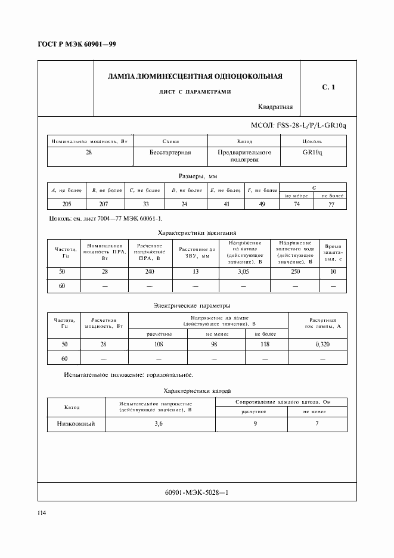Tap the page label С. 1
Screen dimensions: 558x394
(x=328, y=88)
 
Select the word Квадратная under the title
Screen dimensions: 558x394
(x=275, y=107)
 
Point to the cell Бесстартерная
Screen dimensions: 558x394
(x=170, y=153)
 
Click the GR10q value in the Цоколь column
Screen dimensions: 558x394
(x=312, y=153)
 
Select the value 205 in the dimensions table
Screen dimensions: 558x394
(x=67, y=204)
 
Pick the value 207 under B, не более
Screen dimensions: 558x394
(x=106, y=204)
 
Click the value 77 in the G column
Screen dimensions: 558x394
(x=332, y=204)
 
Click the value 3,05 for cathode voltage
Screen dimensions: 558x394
(x=244, y=272)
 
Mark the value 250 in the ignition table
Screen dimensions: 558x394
(x=294, y=272)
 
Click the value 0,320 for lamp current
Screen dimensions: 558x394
(x=322, y=345)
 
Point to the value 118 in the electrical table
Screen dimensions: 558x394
(x=265, y=345)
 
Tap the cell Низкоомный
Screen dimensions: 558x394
(x=76, y=424)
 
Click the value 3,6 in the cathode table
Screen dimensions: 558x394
(x=159, y=424)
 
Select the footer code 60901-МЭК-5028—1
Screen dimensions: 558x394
(x=196, y=492)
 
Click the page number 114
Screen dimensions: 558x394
(x=43, y=513)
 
